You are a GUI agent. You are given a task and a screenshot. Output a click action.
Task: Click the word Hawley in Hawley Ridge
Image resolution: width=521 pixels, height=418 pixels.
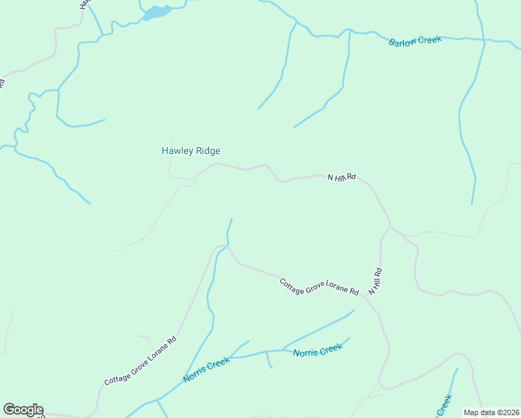coord(177,150)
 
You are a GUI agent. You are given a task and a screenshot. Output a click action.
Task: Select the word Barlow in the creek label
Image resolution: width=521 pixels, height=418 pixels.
coord(402,42)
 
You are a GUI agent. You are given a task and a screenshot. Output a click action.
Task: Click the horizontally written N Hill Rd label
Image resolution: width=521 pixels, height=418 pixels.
coord(341,178)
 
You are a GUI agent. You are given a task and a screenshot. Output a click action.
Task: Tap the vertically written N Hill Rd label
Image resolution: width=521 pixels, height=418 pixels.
coord(375,281)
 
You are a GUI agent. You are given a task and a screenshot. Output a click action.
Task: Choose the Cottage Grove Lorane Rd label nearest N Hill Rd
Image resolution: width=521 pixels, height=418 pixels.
coord(318,287)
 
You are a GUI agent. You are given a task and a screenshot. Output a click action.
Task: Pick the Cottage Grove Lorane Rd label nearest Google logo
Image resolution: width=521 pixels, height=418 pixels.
coord(141,361)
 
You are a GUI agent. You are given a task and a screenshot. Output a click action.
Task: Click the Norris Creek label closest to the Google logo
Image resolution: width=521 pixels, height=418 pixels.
coord(206,369)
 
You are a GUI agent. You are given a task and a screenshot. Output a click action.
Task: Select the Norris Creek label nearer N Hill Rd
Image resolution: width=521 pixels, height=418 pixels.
coord(318,350)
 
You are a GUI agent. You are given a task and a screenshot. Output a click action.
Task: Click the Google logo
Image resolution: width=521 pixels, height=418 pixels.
coord(23,410)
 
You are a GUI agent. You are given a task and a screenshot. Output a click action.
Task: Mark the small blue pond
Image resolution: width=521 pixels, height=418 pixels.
coord(156,13)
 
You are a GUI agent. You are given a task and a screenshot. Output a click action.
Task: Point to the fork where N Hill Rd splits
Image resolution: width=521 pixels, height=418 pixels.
coord(390,226)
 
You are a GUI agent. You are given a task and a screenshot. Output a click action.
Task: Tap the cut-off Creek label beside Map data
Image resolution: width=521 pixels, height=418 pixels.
coord(443,405)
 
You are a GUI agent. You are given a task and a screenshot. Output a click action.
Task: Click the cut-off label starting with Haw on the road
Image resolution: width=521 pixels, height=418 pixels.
coord(84,3)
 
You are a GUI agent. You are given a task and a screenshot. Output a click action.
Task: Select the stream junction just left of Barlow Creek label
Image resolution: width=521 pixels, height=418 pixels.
coord(349,31)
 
